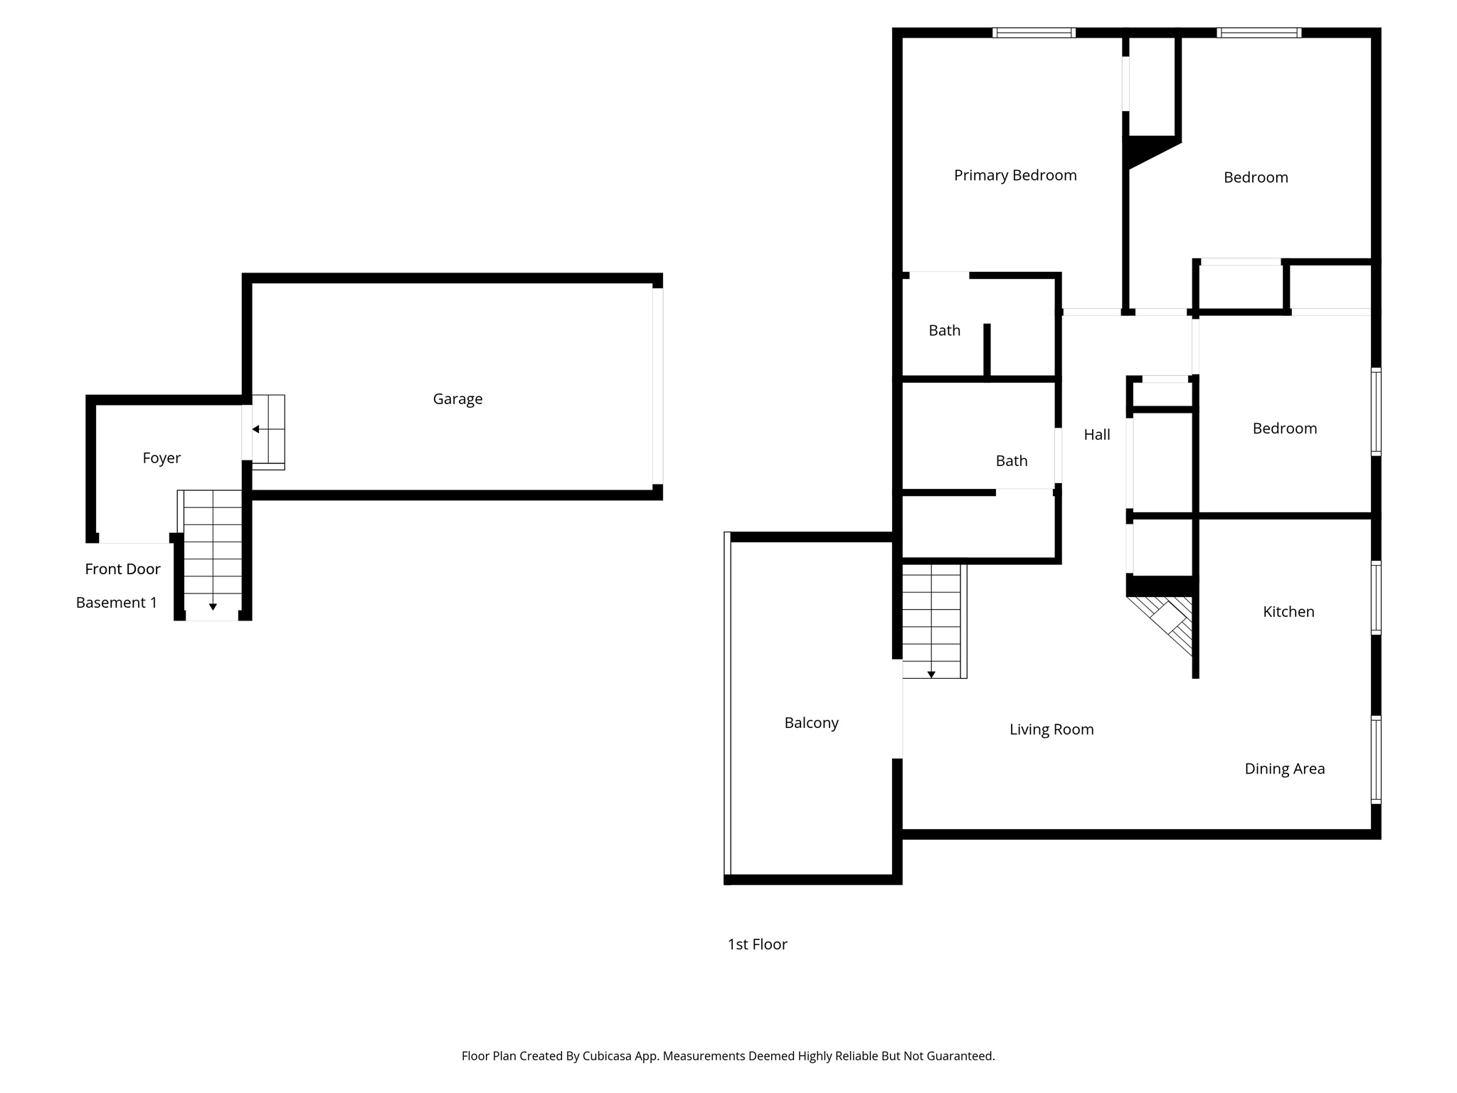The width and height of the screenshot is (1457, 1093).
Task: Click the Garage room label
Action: click(457, 399)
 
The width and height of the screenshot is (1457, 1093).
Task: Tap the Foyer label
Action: click(161, 458)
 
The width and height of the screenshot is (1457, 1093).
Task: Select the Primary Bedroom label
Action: click(1014, 176)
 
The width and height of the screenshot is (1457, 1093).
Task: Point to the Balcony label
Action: click(811, 723)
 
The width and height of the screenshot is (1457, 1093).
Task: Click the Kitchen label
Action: click(1288, 612)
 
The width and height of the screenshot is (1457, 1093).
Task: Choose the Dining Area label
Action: click(1284, 769)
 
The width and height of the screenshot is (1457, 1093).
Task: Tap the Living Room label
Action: click(1051, 729)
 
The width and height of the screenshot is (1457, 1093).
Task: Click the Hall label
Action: click(1096, 435)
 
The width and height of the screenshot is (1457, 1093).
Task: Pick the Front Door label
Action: click(122, 569)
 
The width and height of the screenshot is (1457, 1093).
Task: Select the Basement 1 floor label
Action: click(116, 603)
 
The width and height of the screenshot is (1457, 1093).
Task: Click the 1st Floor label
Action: click(757, 944)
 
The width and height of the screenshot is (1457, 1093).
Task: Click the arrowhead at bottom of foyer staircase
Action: click(213, 607)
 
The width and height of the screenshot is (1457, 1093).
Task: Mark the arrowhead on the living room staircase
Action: click(931, 675)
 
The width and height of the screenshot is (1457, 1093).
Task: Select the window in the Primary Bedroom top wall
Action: click(1033, 33)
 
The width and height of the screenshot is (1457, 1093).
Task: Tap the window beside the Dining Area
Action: click(1376, 759)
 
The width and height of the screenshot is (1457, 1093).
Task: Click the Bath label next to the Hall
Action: click(1011, 461)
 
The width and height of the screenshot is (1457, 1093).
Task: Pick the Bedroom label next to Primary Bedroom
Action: click(1256, 178)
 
